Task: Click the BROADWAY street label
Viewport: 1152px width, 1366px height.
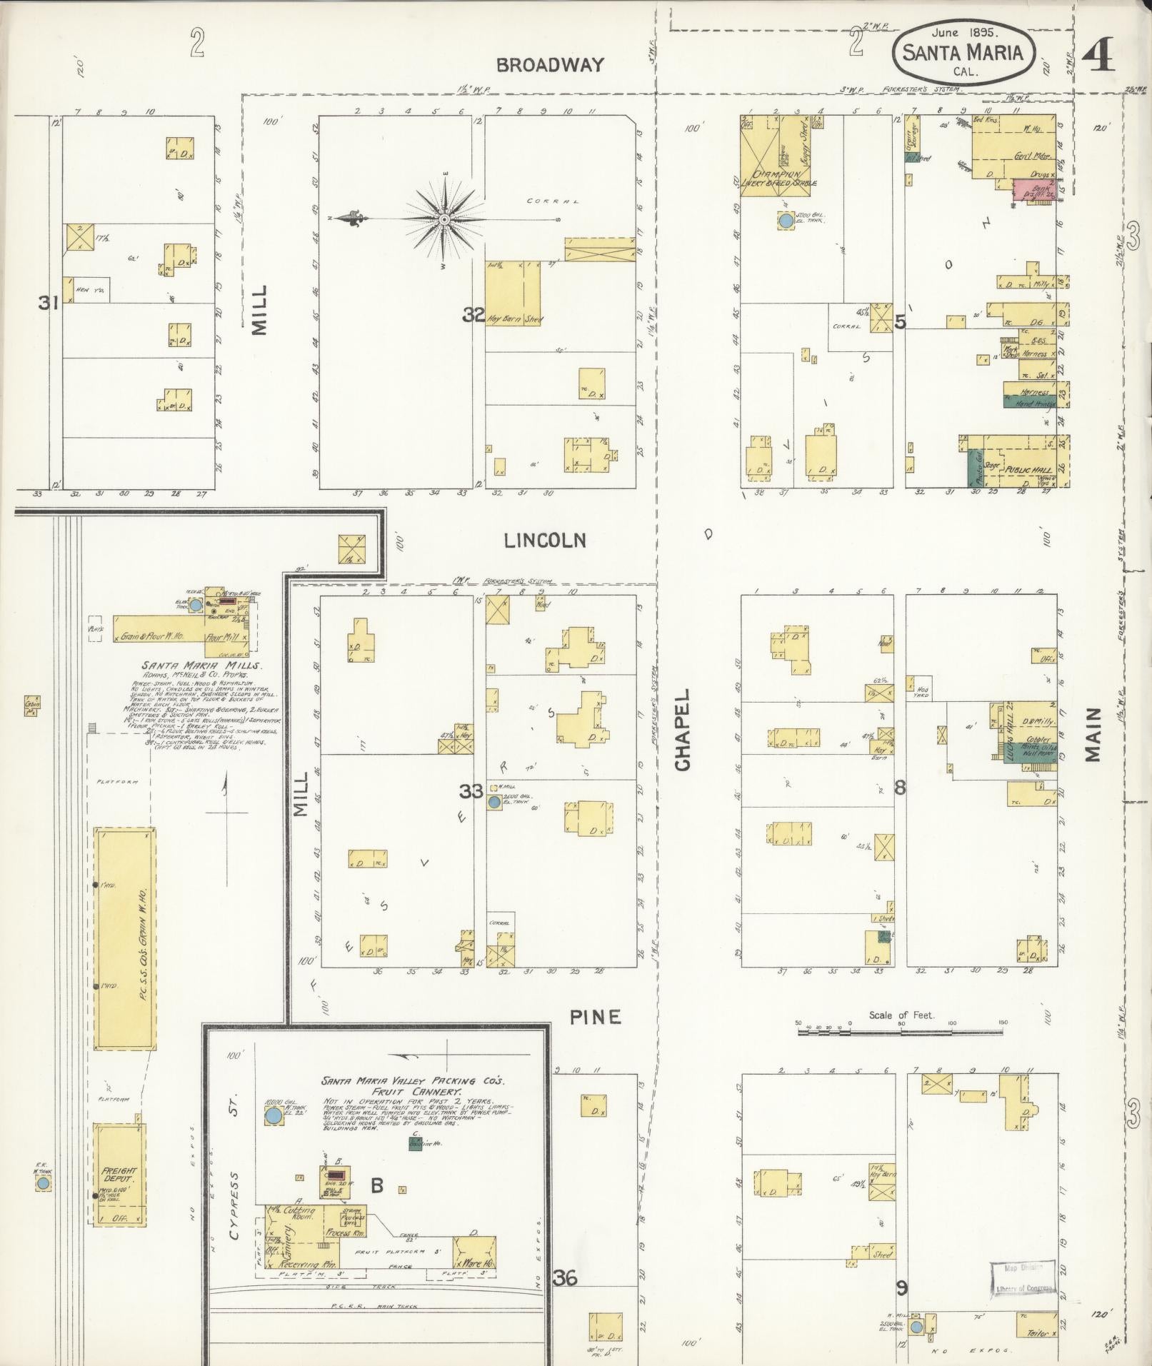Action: click(x=550, y=65)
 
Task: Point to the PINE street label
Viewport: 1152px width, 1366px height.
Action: click(x=595, y=1017)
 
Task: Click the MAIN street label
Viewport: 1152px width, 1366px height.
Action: click(x=1093, y=735)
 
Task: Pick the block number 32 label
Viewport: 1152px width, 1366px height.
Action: click(x=473, y=314)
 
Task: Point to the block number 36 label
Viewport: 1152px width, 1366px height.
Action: click(x=564, y=1277)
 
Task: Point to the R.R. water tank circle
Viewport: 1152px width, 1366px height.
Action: click(x=43, y=1183)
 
